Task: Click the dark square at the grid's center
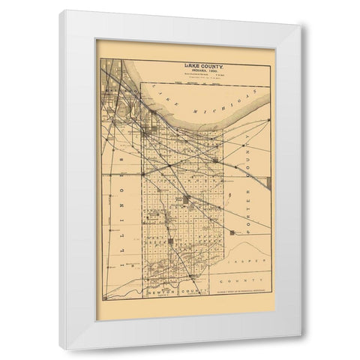185,199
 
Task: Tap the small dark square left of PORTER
216,160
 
